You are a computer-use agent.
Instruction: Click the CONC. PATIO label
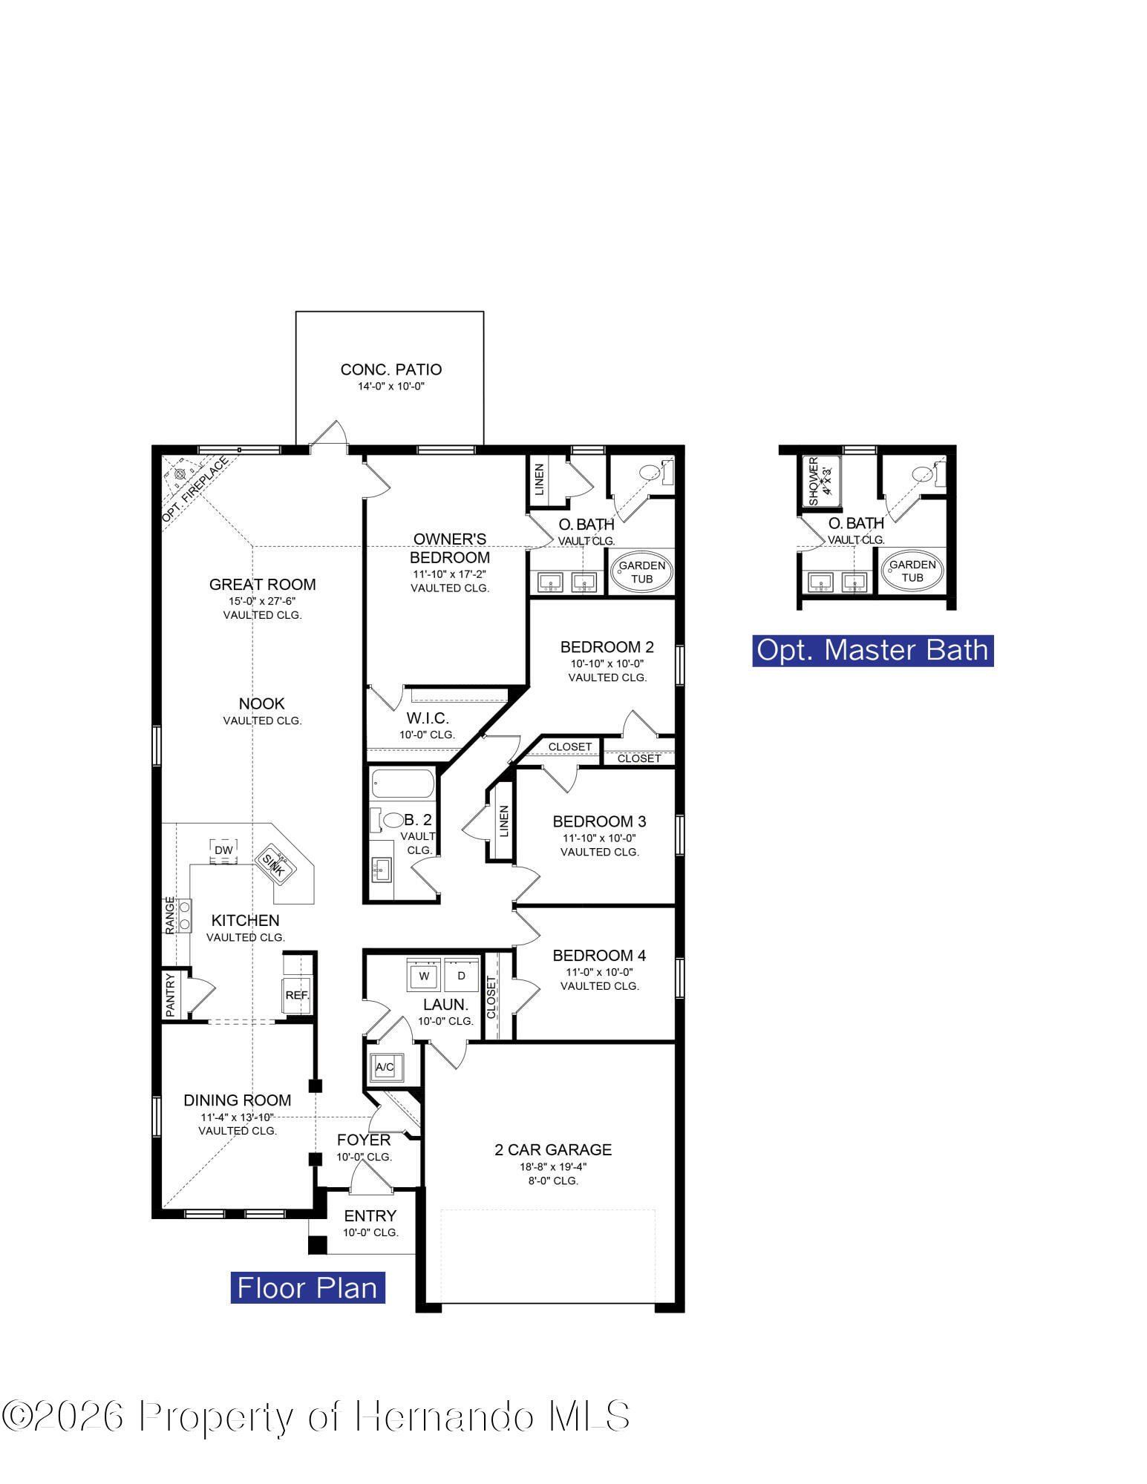[390, 370]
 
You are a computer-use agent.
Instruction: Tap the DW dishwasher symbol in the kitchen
[223, 850]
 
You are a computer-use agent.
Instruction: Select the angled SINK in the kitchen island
[274, 866]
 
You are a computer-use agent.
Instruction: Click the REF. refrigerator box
[297, 994]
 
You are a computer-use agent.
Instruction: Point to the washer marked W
[425, 976]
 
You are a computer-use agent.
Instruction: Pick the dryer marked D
[461, 976]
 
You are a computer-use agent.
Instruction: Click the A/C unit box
[385, 1067]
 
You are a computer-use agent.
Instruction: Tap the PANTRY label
[170, 995]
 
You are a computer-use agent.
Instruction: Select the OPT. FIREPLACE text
[197, 490]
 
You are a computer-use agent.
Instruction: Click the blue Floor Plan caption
[307, 1287]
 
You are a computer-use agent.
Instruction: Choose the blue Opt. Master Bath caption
[872, 650]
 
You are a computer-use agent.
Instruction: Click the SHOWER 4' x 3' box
[821, 482]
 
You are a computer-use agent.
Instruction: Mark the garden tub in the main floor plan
[642, 571]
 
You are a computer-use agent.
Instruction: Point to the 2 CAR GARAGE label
[553, 1149]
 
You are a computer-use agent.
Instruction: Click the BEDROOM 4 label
[599, 955]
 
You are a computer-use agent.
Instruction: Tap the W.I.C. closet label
[427, 718]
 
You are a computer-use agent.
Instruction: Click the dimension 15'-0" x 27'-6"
[262, 600]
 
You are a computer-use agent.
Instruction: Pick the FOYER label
[363, 1140]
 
